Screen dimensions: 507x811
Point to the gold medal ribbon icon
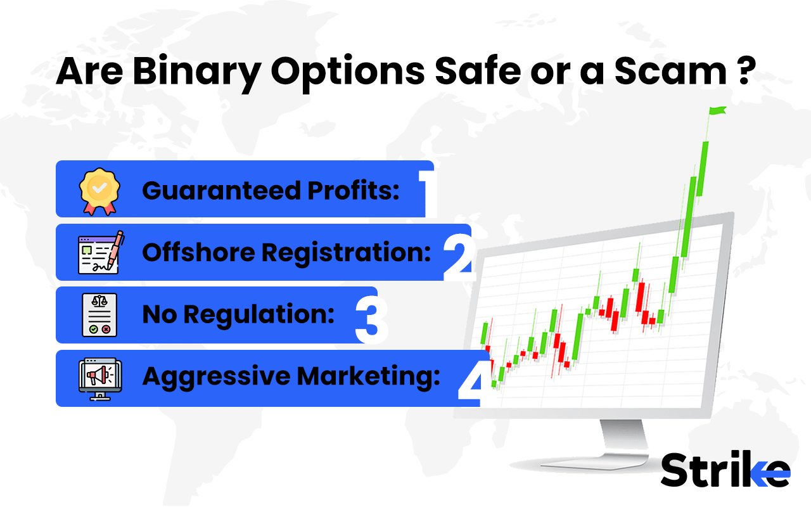(99, 189)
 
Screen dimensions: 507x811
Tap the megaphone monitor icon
(99, 378)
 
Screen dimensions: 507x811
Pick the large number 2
(460, 253)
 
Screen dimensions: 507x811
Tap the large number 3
(371, 316)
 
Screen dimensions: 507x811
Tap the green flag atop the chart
(717, 112)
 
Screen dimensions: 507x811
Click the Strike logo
(725, 470)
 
